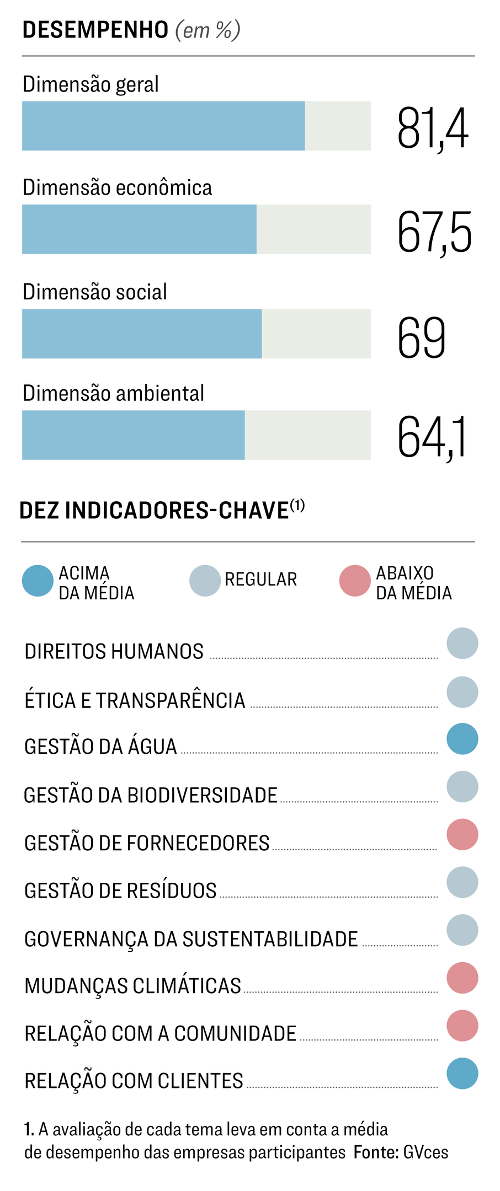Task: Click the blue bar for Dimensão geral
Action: tap(163, 126)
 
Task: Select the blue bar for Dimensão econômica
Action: tap(139, 229)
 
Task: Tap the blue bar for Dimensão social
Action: tap(142, 334)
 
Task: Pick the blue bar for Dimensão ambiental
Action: tap(133, 434)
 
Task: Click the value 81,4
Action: tap(433, 129)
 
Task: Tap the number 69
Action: tap(421, 337)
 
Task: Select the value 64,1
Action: tap(432, 438)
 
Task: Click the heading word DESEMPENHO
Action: tap(95, 30)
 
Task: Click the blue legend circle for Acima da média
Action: tap(38, 581)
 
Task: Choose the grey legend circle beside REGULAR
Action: tap(205, 581)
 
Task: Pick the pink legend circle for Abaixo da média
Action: tap(355, 581)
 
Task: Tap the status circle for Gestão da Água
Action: tap(462, 739)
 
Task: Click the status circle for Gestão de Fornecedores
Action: tap(462, 834)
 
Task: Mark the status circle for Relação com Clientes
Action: tap(462, 1074)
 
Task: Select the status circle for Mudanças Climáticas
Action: tap(462, 978)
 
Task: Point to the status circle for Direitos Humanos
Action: tap(462, 643)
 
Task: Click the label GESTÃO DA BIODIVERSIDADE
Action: tap(151, 795)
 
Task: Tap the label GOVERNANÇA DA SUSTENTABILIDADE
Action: tap(191, 939)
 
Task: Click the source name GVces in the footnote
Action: tap(425, 1152)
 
